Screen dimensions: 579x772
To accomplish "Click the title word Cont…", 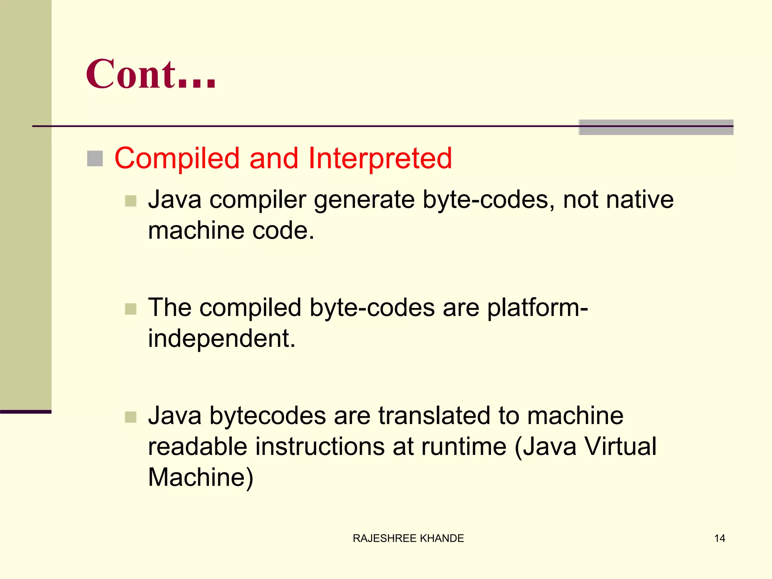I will click(x=151, y=74).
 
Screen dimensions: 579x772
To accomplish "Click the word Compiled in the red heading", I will click(x=177, y=158).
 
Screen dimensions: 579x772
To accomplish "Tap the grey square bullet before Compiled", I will click(x=95, y=159).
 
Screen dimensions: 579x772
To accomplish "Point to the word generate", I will click(x=364, y=200).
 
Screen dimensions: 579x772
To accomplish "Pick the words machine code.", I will click(x=231, y=230).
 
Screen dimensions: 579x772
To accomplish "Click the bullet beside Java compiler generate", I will click(x=130, y=201).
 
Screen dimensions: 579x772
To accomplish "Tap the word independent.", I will click(x=221, y=338).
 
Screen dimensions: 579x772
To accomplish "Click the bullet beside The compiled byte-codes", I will click(x=130, y=309).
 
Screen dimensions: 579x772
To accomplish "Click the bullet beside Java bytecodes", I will click(x=130, y=417).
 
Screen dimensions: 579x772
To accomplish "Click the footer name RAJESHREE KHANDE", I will click(x=408, y=538).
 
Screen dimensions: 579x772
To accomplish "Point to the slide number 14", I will click(x=719, y=538).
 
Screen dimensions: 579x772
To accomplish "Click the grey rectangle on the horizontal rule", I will click(x=656, y=127).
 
